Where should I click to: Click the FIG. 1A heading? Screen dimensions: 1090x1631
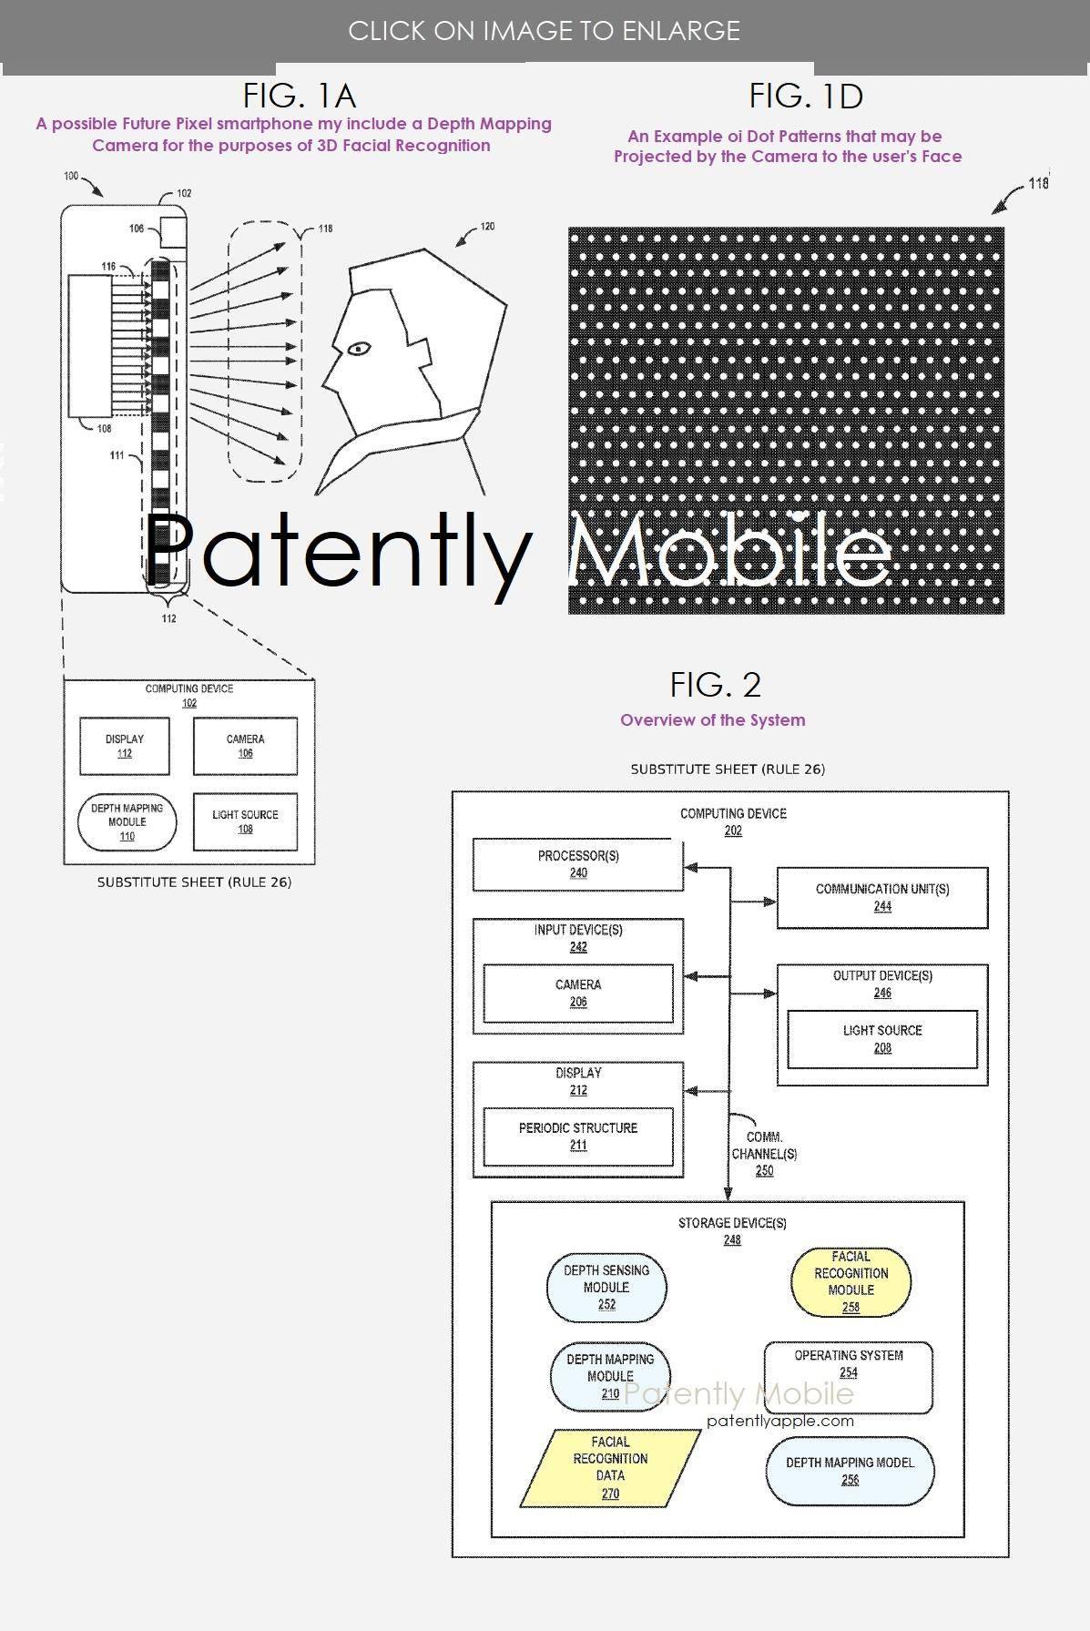[299, 96]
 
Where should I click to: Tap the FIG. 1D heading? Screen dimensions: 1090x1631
[806, 96]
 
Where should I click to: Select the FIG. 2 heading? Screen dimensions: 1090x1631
[715, 684]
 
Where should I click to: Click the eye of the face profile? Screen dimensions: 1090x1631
[358, 347]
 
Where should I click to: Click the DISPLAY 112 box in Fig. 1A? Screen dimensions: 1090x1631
[125, 746]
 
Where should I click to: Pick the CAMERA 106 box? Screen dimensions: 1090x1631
[245, 746]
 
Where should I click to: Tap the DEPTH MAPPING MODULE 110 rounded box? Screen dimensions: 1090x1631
[127, 822]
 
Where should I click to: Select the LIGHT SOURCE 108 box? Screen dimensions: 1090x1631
[245, 822]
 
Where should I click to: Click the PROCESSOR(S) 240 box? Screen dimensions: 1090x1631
[578, 864]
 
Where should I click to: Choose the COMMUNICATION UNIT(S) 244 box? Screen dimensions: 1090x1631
[882, 897]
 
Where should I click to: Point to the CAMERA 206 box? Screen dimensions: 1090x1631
[578, 994]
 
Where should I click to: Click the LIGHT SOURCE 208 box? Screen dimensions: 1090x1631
[882, 1039]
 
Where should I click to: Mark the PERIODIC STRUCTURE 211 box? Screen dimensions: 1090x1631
[578, 1137]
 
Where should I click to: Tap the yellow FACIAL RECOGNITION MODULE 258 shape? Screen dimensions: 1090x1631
[851, 1281]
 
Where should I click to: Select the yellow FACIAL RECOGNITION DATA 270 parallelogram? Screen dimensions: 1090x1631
[610, 1467]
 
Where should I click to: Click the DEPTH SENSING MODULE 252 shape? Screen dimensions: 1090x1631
[606, 1287]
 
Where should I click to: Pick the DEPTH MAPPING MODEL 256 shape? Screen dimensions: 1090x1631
[850, 1471]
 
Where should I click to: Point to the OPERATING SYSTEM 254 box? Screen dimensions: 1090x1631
[849, 1377]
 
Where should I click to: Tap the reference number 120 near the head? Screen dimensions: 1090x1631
[487, 226]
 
